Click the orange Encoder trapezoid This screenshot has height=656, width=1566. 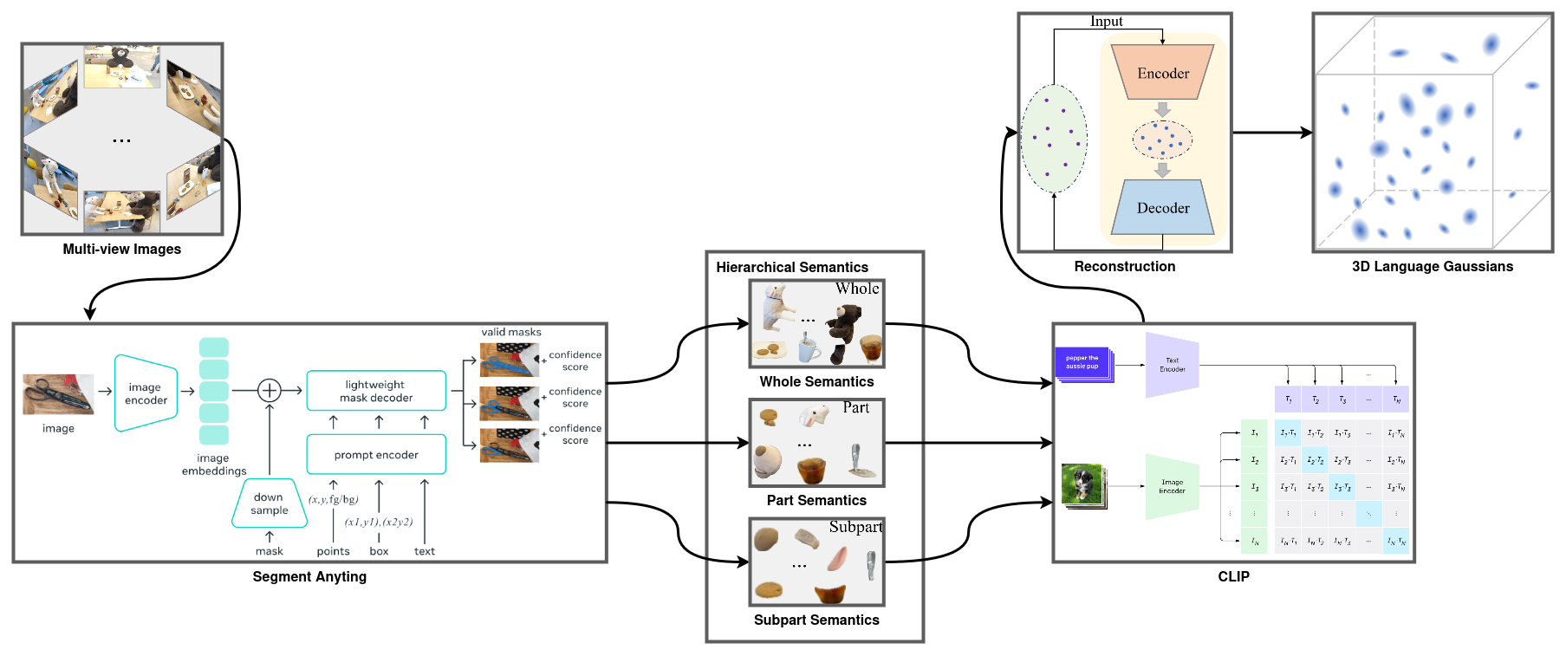[1162, 73]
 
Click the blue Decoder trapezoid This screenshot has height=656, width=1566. [1162, 207]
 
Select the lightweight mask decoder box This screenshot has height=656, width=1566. [376, 391]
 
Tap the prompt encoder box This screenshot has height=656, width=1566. [376, 454]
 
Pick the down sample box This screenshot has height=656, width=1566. [270, 503]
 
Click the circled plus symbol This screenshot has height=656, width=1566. [270, 391]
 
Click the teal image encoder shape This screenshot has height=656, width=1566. [146, 393]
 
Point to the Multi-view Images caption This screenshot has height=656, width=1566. [122, 249]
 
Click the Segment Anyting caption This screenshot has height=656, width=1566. [309, 576]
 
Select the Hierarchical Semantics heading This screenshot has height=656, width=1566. [791, 267]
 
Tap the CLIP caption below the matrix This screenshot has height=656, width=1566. [1233, 576]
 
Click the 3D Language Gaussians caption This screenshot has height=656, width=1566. [1432, 266]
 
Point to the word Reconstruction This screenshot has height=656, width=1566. [1124, 266]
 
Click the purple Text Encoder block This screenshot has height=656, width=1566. [1172, 365]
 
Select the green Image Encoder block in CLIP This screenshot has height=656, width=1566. [1172, 486]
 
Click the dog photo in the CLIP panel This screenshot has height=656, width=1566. [1082, 484]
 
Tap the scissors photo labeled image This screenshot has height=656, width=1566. [58, 394]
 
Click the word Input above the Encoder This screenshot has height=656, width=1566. [1106, 22]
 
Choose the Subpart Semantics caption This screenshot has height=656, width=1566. [815, 620]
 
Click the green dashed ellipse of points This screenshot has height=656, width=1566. [1053, 138]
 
